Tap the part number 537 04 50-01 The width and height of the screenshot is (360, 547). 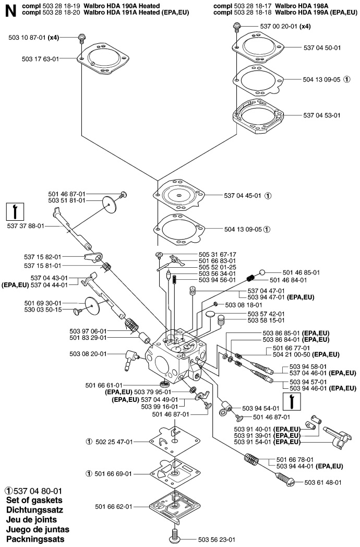point(322,48)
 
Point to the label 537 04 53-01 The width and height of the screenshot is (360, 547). point(322,115)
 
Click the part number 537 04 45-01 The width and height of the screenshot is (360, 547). point(243,196)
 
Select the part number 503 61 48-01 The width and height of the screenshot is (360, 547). point(323,482)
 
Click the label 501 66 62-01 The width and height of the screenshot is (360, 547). point(114,506)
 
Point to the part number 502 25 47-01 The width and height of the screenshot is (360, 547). point(114,442)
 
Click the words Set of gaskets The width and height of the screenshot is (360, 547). point(34,500)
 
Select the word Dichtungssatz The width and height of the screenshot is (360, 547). point(34,510)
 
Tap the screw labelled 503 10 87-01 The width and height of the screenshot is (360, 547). point(82,38)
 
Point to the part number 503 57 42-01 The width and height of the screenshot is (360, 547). point(266,314)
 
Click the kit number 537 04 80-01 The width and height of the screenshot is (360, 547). point(38,491)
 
